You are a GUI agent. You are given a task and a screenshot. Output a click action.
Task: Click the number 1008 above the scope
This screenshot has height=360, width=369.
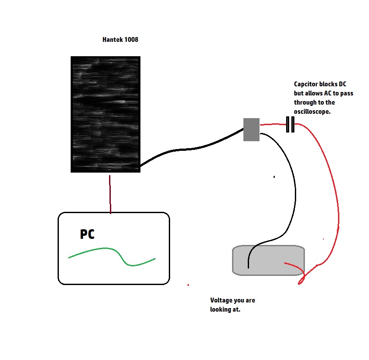(131, 40)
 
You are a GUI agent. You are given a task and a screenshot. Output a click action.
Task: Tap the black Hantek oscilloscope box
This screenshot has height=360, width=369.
(106, 114)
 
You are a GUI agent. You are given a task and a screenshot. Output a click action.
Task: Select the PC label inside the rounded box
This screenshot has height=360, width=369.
(87, 234)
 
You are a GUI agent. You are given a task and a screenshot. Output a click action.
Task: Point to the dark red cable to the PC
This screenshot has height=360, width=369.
(110, 194)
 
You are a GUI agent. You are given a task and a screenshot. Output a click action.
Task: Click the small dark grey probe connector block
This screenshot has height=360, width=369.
(251, 129)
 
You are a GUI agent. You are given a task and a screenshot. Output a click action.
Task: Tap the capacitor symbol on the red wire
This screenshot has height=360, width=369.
(290, 124)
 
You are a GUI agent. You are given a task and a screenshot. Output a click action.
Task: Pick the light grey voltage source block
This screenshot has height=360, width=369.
(269, 260)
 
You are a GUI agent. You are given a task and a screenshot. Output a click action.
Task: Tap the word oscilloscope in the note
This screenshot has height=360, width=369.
(312, 112)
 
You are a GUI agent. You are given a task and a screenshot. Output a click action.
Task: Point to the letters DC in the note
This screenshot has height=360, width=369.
(342, 84)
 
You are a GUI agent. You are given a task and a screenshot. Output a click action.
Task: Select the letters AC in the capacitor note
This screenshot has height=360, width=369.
(328, 93)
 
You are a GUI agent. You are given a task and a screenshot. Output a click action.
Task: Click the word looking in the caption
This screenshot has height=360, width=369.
(221, 309)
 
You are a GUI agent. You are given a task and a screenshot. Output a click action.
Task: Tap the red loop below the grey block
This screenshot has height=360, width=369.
(302, 280)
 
